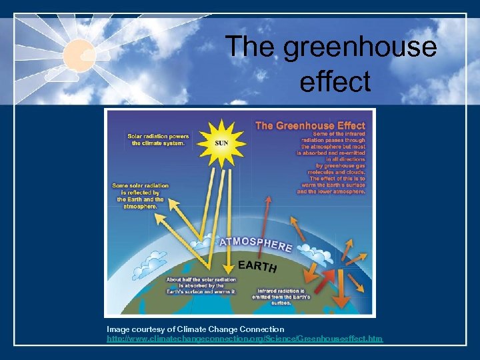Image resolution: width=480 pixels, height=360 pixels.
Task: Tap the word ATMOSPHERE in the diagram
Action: point(257,241)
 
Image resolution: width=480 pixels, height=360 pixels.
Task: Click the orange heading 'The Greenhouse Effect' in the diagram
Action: point(311,125)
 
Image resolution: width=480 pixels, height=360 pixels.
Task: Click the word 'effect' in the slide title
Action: point(335,81)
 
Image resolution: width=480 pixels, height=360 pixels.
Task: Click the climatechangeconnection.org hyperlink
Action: point(245,339)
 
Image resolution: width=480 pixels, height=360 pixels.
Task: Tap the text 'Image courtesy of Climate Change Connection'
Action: point(195,329)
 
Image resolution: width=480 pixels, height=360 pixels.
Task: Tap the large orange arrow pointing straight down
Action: point(341,290)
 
